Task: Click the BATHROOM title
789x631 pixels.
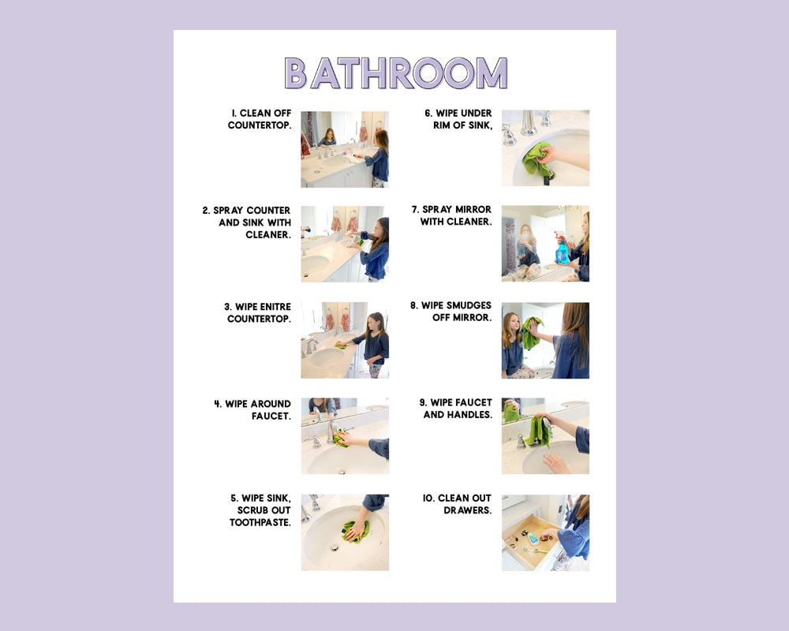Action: [395, 73]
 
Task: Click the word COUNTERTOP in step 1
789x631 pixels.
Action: [260, 125]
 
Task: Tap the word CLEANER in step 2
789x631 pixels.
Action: [267, 235]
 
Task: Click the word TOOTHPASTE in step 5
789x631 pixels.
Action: [260, 522]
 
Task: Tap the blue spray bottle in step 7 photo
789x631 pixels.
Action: [563, 252]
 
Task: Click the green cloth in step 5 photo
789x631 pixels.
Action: [355, 531]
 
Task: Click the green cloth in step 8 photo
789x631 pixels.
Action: [531, 333]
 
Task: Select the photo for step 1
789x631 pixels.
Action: [344, 149]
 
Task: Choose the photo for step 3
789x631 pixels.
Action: [344, 340]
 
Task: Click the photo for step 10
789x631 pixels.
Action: [545, 532]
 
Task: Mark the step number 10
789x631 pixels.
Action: [428, 498]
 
